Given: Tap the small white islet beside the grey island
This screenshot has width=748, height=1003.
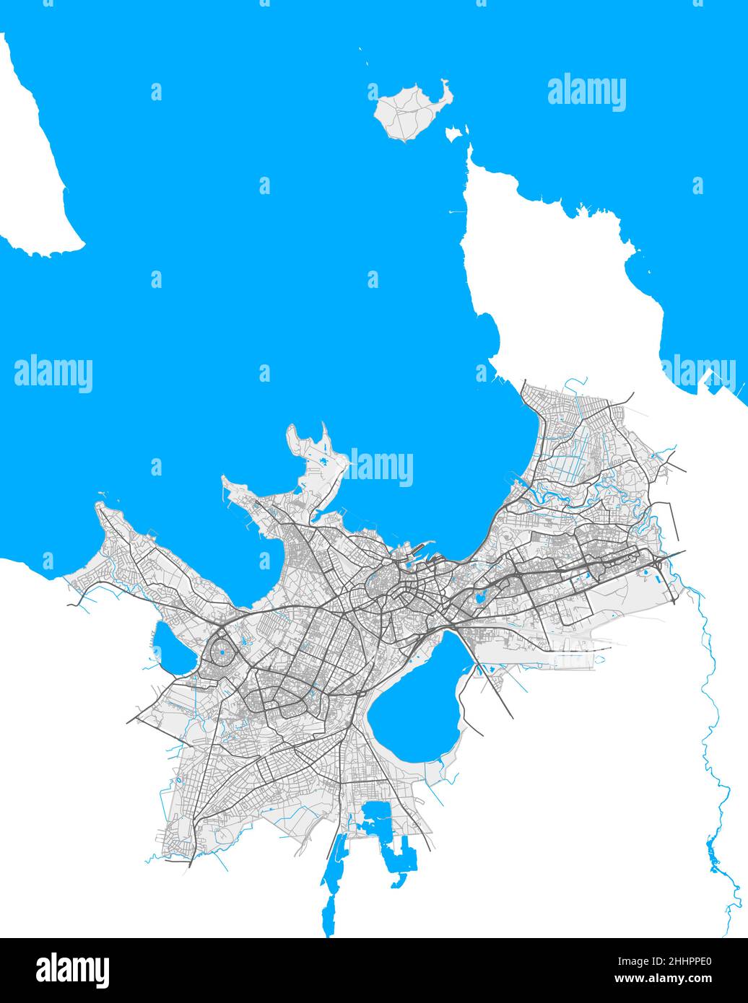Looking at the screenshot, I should [x=453, y=133].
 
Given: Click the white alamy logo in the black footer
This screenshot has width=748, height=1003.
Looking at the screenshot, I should [x=72, y=971].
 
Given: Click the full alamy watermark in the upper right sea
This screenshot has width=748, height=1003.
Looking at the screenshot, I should [x=586, y=92].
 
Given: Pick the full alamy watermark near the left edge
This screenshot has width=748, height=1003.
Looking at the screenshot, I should [x=53, y=374].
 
